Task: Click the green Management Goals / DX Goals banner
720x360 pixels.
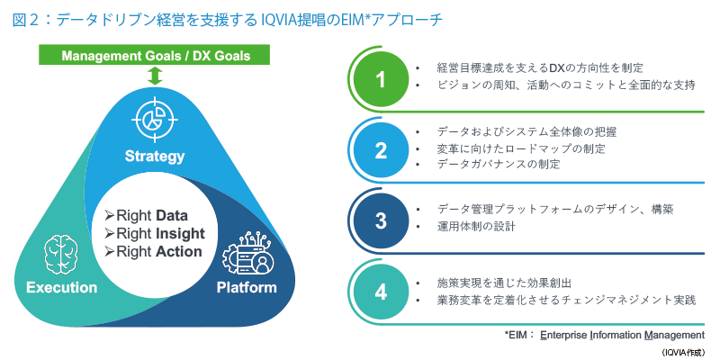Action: [156, 55]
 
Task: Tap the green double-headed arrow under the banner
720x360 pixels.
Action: [156, 76]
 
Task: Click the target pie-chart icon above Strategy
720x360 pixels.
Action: [155, 119]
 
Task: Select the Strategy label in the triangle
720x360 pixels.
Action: [155, 157]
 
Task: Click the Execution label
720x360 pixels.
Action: [61, 288]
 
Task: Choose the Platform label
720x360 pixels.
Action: [247, 288]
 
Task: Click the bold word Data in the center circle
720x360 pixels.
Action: [172, 215]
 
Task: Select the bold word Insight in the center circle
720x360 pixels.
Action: [180, 234]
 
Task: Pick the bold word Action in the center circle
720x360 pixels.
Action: [178, 252]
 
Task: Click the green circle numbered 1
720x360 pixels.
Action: [381, 80]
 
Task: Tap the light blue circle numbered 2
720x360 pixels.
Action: [381, 151]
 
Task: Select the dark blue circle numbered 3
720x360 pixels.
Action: [381, 221]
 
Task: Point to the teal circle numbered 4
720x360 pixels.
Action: [381, 293]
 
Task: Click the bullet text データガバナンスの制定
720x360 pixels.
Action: [499, 165]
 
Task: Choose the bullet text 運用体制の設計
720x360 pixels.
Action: [476, 227]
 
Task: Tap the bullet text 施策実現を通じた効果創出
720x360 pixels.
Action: [504, 283]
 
